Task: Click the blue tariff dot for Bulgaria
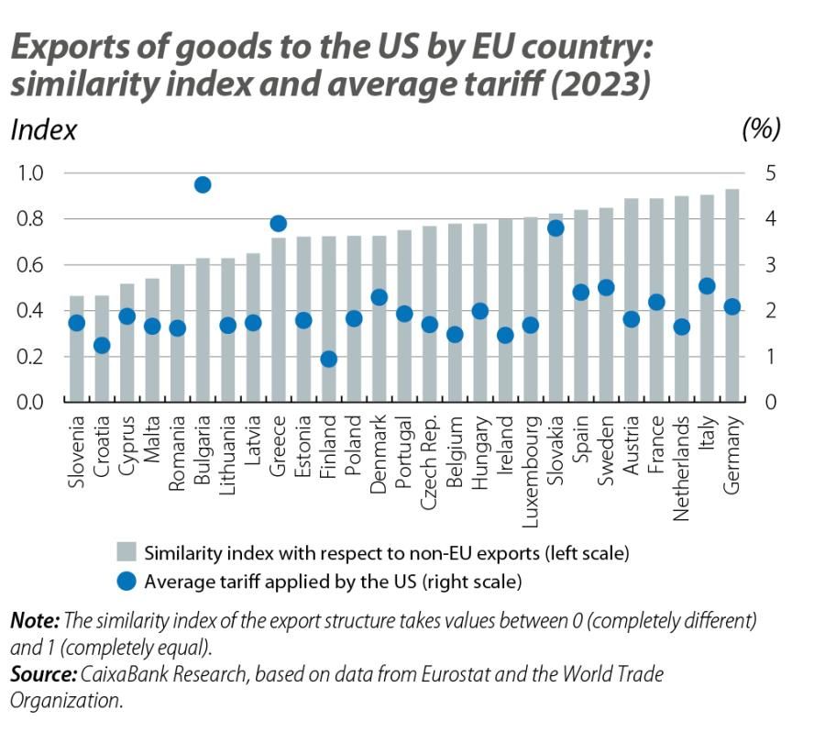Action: click(203, 184)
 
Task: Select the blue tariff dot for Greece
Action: click(279, 224)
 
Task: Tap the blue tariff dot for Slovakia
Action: click(555, 228)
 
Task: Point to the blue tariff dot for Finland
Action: click(329, 359)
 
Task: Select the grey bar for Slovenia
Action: click(77, 349)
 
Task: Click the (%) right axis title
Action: click(760, 129)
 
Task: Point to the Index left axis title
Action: click(43, 130)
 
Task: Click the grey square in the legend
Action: click(126, 552)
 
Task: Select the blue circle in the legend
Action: click(126, 581)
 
